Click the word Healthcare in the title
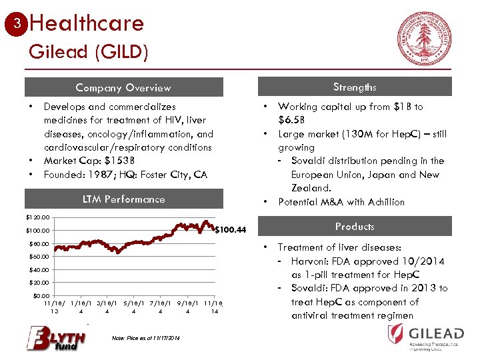tap(87, 23)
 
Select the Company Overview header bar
tap(123, 87)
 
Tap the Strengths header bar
tap(355, 87)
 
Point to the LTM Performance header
tap(123, 199)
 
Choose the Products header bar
tap(355, 227)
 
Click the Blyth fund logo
tap(56, 337)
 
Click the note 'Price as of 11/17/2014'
tap(147, 339)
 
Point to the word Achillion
tap(382, 202)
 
